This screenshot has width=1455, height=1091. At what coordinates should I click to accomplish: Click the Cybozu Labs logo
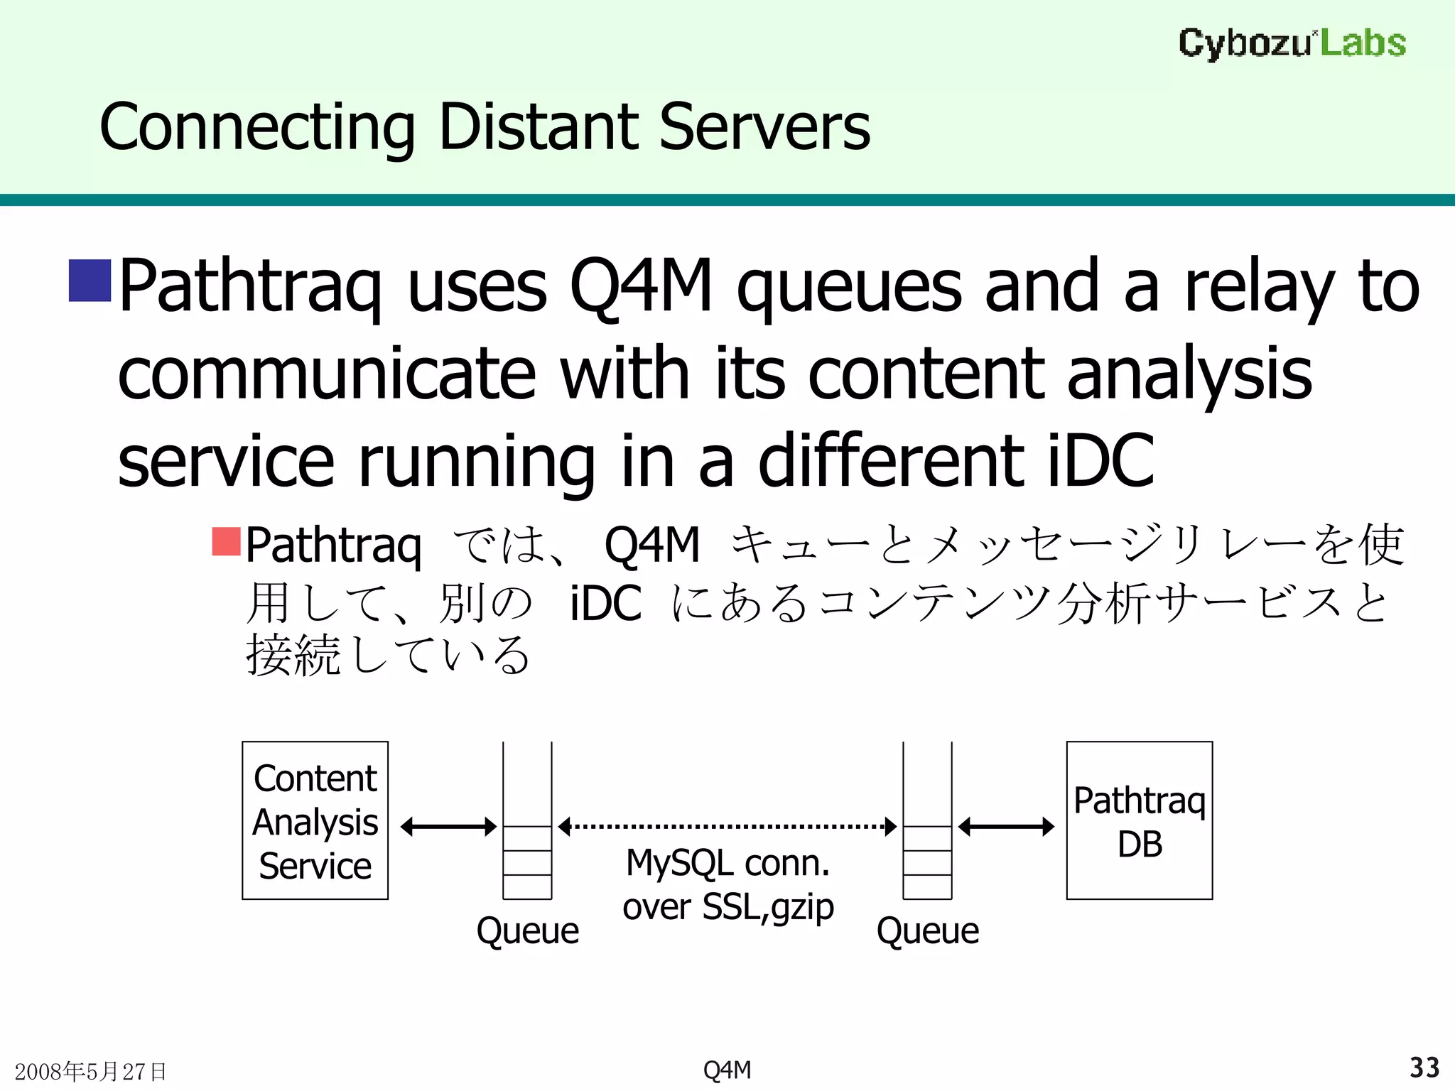[x=1292, y=43]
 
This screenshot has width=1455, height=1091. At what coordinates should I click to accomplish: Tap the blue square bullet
[x=90, y=281]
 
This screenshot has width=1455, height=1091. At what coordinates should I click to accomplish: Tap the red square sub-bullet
[x=227, y=541]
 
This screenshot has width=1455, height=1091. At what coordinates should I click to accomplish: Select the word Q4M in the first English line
[x=640, y=286]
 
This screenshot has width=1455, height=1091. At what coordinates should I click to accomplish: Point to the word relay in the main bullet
[x=1258, y=286]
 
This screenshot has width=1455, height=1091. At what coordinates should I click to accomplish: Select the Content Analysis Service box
[x=315, y=820]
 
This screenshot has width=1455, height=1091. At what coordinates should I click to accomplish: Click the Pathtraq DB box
[x=1139, y=820]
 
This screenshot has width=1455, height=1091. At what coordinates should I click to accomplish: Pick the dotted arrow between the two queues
[x=727, y=827]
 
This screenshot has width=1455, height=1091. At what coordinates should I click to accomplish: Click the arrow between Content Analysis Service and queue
[x=448, y=827]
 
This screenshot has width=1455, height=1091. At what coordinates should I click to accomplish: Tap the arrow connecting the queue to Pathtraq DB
[x=1006, y=827]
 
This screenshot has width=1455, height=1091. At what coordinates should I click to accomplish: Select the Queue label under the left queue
[x=527, y=930]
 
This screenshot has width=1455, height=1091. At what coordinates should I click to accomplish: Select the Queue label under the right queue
[x=927, y=930]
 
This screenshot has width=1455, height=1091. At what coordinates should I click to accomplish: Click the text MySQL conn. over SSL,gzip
[x=727, y=885]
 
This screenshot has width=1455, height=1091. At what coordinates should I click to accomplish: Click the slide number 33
[x=1424, y=1068]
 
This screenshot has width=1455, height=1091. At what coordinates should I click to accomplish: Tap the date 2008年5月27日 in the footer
[x=90, y=1071]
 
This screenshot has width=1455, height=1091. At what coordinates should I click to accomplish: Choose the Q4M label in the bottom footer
[x=727, y=1070]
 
